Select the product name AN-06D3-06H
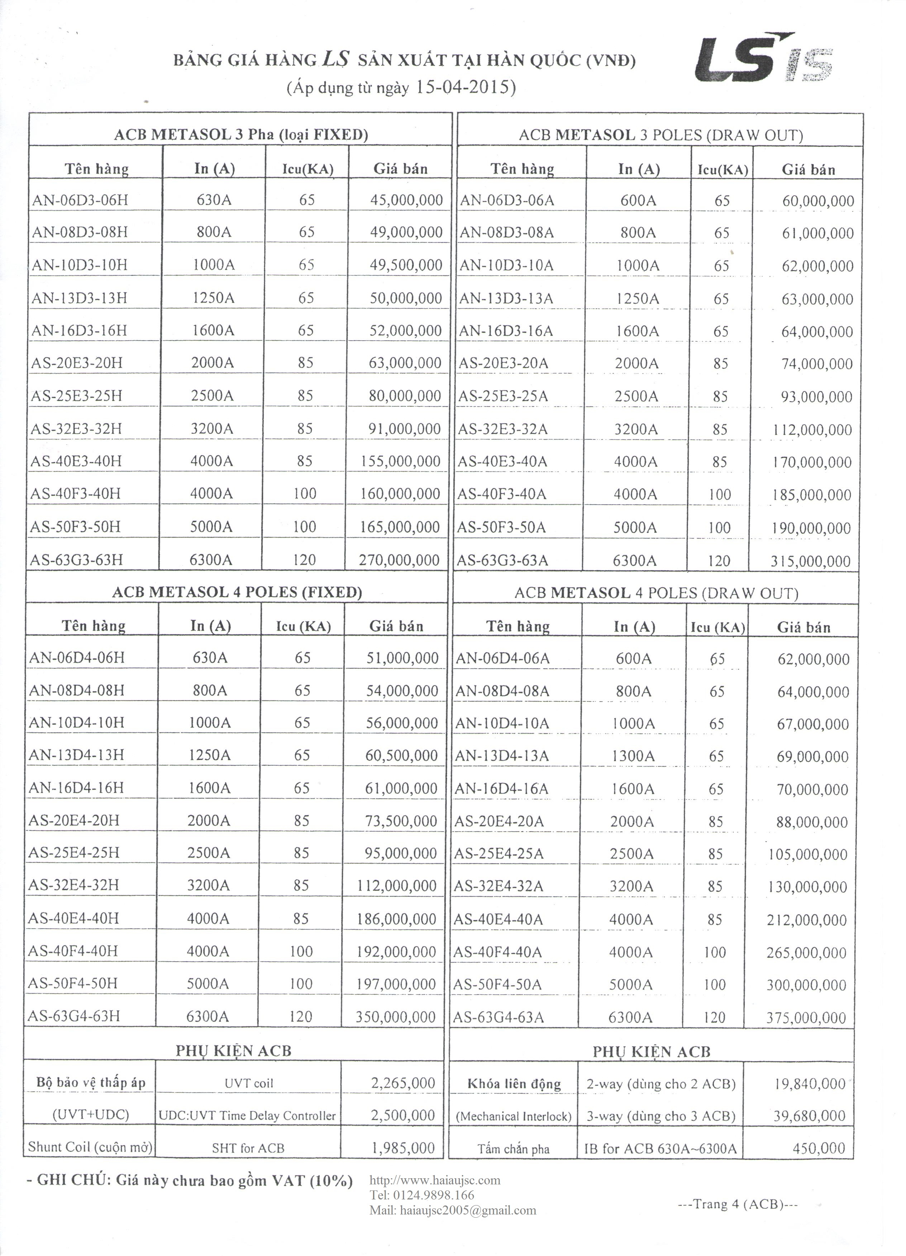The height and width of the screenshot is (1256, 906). (80, 199)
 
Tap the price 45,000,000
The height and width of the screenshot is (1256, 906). (406, 199)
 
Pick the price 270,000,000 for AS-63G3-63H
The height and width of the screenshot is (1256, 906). (399, 560)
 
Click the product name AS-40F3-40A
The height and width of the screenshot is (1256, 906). (501, 494)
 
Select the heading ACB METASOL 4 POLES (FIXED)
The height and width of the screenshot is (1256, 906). (237, 592)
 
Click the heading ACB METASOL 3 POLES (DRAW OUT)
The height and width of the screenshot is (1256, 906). (661, 135)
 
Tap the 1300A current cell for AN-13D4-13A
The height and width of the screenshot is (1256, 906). (633, 756)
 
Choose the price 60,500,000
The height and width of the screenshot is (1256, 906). (402, 755)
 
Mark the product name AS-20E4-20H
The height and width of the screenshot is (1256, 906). (74, 820)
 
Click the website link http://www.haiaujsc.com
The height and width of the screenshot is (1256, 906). (434, 1180)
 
